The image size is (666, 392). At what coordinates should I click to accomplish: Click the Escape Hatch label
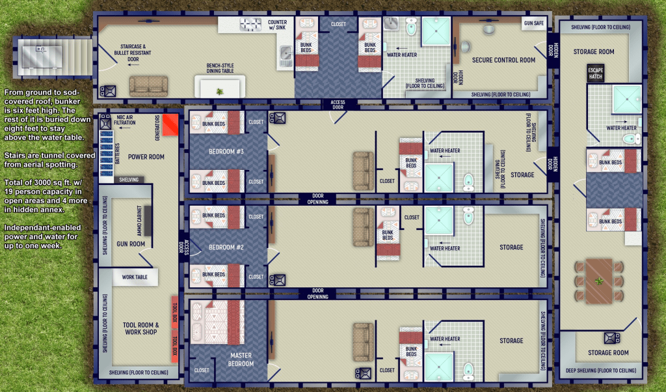click(596, 74)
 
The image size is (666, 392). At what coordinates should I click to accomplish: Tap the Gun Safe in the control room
click(533, 23)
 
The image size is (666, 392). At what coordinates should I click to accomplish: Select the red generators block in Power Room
click(170, 125)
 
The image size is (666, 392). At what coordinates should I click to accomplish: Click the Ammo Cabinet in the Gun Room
click(148, 221)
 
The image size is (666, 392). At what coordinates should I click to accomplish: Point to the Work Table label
click(135, 277)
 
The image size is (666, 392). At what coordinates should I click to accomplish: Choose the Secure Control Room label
click(504, 61)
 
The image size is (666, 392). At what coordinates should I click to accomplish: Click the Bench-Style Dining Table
click(220, 87)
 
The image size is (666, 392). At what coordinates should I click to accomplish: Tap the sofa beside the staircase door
click(148, 87)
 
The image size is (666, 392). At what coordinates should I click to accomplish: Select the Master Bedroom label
click(241, 359)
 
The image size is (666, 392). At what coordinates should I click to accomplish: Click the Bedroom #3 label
click(226, 151)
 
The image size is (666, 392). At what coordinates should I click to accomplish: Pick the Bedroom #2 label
click(226, 247)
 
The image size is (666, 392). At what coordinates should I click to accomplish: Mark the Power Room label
click(146, 157)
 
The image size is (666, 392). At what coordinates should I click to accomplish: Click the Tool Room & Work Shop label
click(141, 328)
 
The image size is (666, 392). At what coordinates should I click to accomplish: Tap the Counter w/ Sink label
click(277, 25)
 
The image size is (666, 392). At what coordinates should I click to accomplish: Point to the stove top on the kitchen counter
click(250, 25)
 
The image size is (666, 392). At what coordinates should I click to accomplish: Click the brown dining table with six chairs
click(599, 281)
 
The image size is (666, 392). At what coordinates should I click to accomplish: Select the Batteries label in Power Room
click(117, 154)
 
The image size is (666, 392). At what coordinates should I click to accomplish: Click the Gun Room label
click(131, 244)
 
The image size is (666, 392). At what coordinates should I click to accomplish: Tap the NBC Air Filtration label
click(124, 120)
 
